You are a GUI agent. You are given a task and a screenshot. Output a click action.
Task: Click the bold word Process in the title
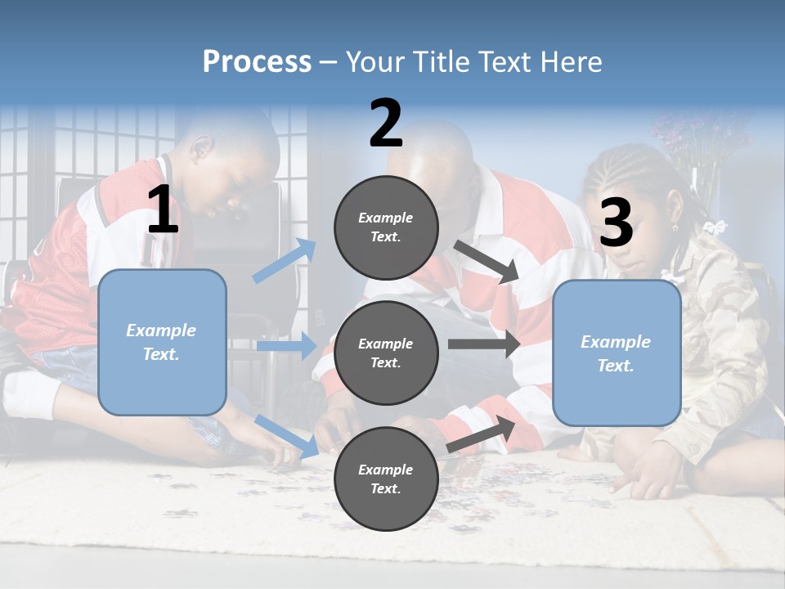(x=257, y=61)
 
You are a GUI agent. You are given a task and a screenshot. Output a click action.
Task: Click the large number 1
(x=163, y=210)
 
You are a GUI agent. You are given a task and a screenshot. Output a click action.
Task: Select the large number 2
(x=386, y=124)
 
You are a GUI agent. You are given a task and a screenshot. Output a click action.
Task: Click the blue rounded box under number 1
(x=162, y=342)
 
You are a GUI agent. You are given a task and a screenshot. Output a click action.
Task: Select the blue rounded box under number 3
(x=617, y=353)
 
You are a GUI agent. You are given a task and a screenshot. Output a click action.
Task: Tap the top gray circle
(x=386, y=227)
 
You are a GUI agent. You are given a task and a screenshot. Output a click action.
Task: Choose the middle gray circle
(x=386, y=353)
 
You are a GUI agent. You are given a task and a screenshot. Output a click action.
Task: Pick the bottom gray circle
(x=386, y=479)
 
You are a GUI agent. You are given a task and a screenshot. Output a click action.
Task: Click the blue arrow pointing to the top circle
(x=285, y=260)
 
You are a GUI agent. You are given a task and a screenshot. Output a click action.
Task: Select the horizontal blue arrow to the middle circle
(x=286, y=346)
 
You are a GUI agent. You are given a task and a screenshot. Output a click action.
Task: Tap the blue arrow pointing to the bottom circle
(x=286, y=436)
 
